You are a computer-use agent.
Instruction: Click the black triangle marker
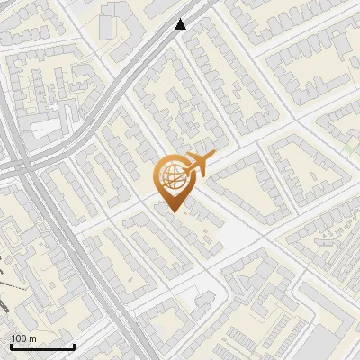click(181, 24)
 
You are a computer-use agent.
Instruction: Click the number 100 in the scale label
click(19, 338)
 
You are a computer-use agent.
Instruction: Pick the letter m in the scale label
click(32, 338)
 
